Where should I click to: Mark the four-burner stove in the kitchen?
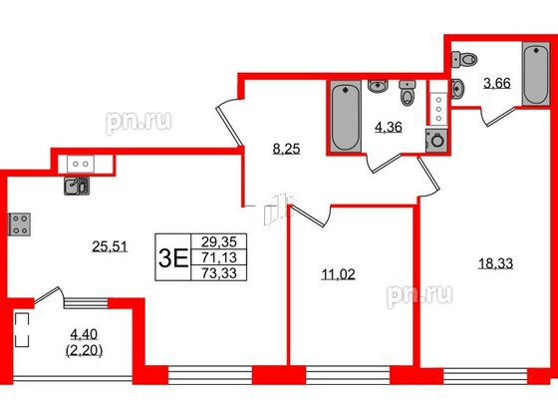click(20, 224)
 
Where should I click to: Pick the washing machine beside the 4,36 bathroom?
click(434, 140)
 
